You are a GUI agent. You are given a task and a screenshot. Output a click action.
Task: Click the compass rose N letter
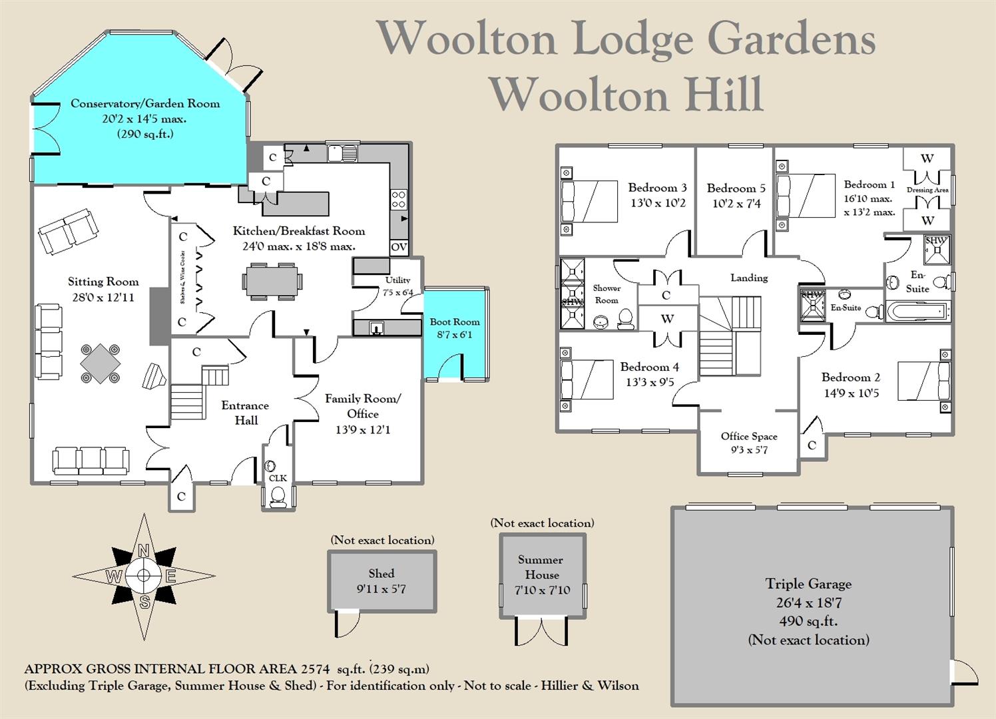pyautogui.click(x=143, y=551)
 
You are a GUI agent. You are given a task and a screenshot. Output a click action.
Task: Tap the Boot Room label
pyautogui.click(x=454, y=322)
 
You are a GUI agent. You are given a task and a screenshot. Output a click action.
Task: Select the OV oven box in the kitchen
pyautogui.click(x=399, y=247)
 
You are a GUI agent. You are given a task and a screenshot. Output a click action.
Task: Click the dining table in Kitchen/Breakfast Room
pyautogui.click(x=272, y=280)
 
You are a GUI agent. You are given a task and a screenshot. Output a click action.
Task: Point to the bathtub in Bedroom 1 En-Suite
pyautogui.click(x=917, y=311)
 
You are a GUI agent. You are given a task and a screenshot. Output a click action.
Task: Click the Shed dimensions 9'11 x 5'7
pyautogui.click(x=381, y=589)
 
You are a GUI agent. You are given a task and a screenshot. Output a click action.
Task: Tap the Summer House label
pyautogui.click(x=541, y=567)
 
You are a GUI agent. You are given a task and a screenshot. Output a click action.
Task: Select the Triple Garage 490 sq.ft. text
pyautogui.click(x=808, y=621)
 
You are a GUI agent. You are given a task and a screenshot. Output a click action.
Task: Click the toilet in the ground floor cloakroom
pyautogui.click(x=278, y=495)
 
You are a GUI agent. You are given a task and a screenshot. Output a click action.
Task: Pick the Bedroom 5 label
pyautogui.click(x=736, y=188)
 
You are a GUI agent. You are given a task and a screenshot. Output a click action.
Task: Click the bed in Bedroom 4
pyautogui.click(x=587, y=379)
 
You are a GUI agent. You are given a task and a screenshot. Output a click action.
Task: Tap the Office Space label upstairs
pyautogui.click(x=749, y=436)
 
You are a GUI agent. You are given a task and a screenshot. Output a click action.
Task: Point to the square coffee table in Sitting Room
pyautogui.click(x=101, y=362)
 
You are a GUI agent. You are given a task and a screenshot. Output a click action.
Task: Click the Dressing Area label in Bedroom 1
pyautogui.click(x=927, y=190)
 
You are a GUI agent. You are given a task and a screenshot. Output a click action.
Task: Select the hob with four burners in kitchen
pyautogui.click(x=399, y=200)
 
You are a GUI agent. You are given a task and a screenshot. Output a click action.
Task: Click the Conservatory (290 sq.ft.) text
pyautogui.click(x=145, y=134)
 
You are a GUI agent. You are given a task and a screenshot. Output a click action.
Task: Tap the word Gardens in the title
pyautogui.click(x=791, y=39)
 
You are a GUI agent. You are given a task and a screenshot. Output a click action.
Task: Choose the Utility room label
pyautogui.click(x=397, y=280)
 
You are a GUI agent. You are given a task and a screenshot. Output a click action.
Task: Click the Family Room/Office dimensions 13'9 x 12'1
pyautogui.click(x=363, y=430)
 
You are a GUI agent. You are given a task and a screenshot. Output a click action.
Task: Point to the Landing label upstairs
pyautogui.click(x=749, y=278)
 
